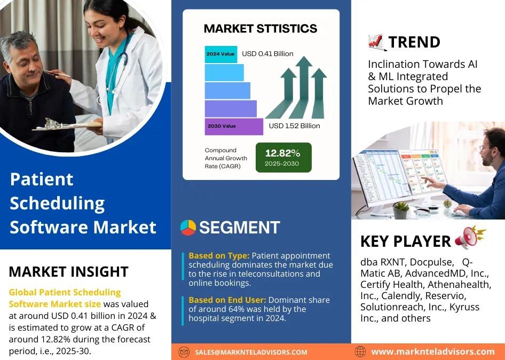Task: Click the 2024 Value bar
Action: [221, 54]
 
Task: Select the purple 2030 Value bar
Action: [234, 127]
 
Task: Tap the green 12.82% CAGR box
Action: [283, 158]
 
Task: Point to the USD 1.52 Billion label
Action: [294, 126]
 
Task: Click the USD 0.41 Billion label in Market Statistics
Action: [267, 54]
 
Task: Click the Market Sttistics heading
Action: [261, 28]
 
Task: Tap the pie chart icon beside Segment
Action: [188, 228]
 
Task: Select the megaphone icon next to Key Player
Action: [470, 237]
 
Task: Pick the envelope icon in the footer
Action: [184, 352]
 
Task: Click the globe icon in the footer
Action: [360, 351]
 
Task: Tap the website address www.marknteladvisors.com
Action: [433, 351]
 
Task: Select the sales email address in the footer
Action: [251, 353]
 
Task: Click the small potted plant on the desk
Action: [401, 210]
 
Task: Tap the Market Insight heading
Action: [69, 272]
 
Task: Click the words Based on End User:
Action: [227, 300]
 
